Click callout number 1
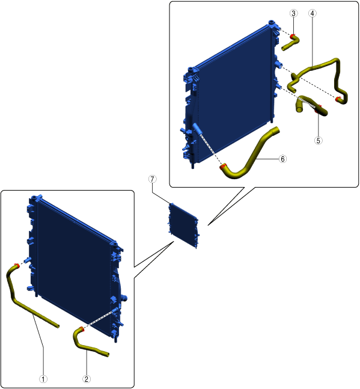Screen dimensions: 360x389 [43, 379]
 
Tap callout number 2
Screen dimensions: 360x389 [87, 379]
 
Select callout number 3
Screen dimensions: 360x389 [293, 13]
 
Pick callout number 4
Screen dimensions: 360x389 [313, 13]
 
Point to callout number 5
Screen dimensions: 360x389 [319, 141]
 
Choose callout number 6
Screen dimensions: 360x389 [282, 159]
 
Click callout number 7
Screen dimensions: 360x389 [152, 179]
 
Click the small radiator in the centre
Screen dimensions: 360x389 [183, 225]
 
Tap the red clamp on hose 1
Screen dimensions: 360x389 [17, 265]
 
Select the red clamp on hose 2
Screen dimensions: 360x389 [81, 329]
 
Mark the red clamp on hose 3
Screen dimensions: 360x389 [293, 37]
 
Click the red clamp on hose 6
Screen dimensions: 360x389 [223, 167]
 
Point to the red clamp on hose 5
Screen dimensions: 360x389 [318, 109]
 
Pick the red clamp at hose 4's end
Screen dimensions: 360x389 [338, 99]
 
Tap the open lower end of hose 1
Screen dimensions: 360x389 [58, 326]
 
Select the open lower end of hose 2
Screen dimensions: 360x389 [108, 355]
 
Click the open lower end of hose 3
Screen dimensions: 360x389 [284, 48]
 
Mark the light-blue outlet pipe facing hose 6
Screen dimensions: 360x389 [197, 129]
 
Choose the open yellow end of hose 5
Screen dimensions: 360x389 [299, 109]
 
